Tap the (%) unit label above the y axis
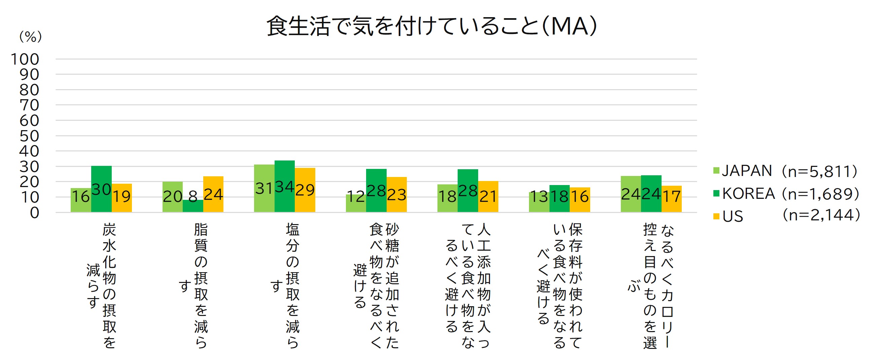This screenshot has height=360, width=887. pyautogui.click(x=30, y=36)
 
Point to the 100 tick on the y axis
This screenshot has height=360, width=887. pyautogui.click(x=25, y=59)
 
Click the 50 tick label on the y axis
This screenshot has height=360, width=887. pyautogui.click(x=29, y=136)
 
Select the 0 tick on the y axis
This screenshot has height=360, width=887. pyautogui.click(x=34, y=213)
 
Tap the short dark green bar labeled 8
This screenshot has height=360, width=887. pyautogui.click(x=193, y=206)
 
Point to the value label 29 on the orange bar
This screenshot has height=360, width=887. pyautogui.click(x=305, y=190)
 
